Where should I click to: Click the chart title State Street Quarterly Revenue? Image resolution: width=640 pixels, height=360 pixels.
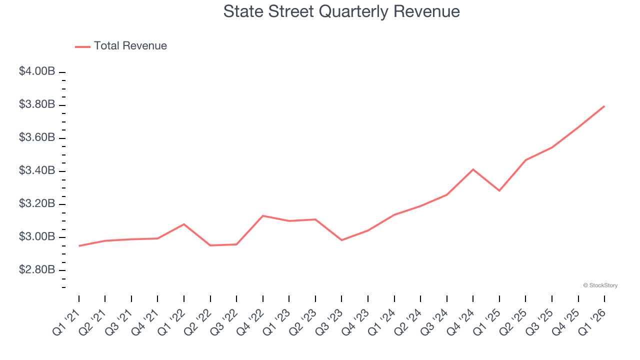(x=341, y=11)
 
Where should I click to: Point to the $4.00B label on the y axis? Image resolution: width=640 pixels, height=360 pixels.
(x=37, y=71)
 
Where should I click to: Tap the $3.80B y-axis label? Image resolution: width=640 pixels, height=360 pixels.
(x=37, y=104)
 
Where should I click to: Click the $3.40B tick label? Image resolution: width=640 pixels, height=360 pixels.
(x=37, y=170)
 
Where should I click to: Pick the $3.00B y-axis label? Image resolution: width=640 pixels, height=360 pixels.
(x=37, y=236)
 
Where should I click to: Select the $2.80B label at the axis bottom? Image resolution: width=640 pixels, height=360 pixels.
(x=37, y=270)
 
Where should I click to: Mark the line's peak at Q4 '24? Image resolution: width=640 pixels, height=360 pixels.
(x=473, y=169)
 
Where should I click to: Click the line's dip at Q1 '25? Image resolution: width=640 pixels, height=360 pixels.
(x=499, y=190)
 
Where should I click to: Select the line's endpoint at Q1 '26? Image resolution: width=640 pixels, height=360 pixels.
(x=604, y=106)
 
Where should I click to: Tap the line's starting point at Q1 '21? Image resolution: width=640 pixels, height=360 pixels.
(x=79, y=245)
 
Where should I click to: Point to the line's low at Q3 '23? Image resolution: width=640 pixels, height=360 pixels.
(x=341, y=240)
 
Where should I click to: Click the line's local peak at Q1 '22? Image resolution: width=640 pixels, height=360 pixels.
(x=184, y=224)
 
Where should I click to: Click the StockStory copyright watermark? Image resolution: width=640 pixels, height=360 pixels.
(x=600, y=285)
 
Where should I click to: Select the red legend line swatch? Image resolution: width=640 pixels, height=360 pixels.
(x=82, y=46)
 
